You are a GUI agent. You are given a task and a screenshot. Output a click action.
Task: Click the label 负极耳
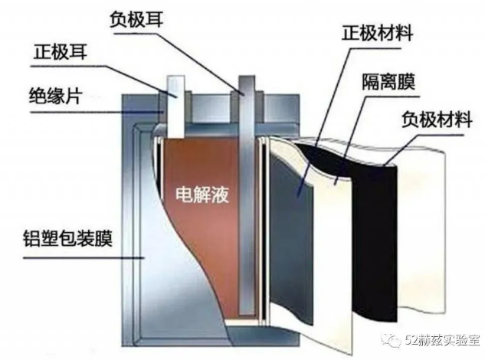pos(136,19)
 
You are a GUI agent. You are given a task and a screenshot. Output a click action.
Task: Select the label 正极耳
pos(60,51)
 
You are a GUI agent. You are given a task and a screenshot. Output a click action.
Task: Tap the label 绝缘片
pos(55,96)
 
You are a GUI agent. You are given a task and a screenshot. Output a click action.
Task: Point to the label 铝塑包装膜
pos(67,238)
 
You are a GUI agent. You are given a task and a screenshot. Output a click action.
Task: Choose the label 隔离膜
pos(388,81)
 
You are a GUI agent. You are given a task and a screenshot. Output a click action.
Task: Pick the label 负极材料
pos(437,119)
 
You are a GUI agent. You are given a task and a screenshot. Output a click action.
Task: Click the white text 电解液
pos(202,195)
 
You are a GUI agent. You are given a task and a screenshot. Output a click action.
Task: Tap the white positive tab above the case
pos(175,106)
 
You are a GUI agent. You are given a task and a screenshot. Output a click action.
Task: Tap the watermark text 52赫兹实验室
pos(443,341)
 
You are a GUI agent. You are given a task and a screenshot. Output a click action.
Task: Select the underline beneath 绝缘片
pos(96,112)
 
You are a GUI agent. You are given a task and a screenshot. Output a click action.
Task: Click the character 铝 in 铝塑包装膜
pos(32,238)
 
